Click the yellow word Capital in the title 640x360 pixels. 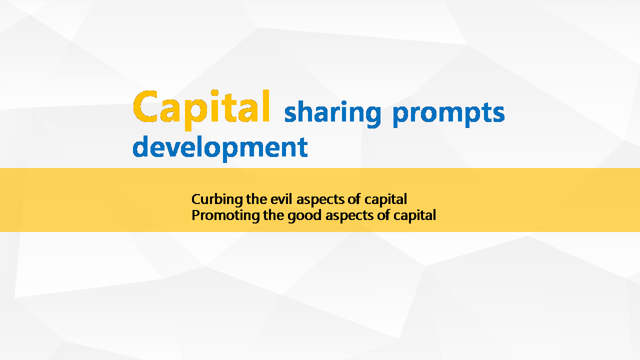click(201, 109)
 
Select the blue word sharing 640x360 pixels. click(333, 114)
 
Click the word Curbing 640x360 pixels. click(217, 199)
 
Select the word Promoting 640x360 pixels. click(225, 215)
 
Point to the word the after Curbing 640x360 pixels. click(256, 199)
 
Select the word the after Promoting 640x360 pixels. click(273, 215)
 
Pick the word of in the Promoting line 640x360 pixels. click(383, 215)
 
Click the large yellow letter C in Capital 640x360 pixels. click(145, 106)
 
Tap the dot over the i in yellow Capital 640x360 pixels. click(214, 93)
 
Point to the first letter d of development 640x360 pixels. click(140, 146)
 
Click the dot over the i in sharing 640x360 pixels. click(344, 103)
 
